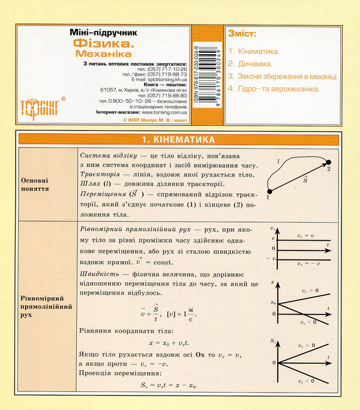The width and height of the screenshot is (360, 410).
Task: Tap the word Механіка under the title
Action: point(103,53)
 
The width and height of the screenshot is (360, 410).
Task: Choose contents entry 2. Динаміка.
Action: point(253,63)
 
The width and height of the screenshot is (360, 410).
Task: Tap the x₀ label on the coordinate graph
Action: point(274,302)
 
